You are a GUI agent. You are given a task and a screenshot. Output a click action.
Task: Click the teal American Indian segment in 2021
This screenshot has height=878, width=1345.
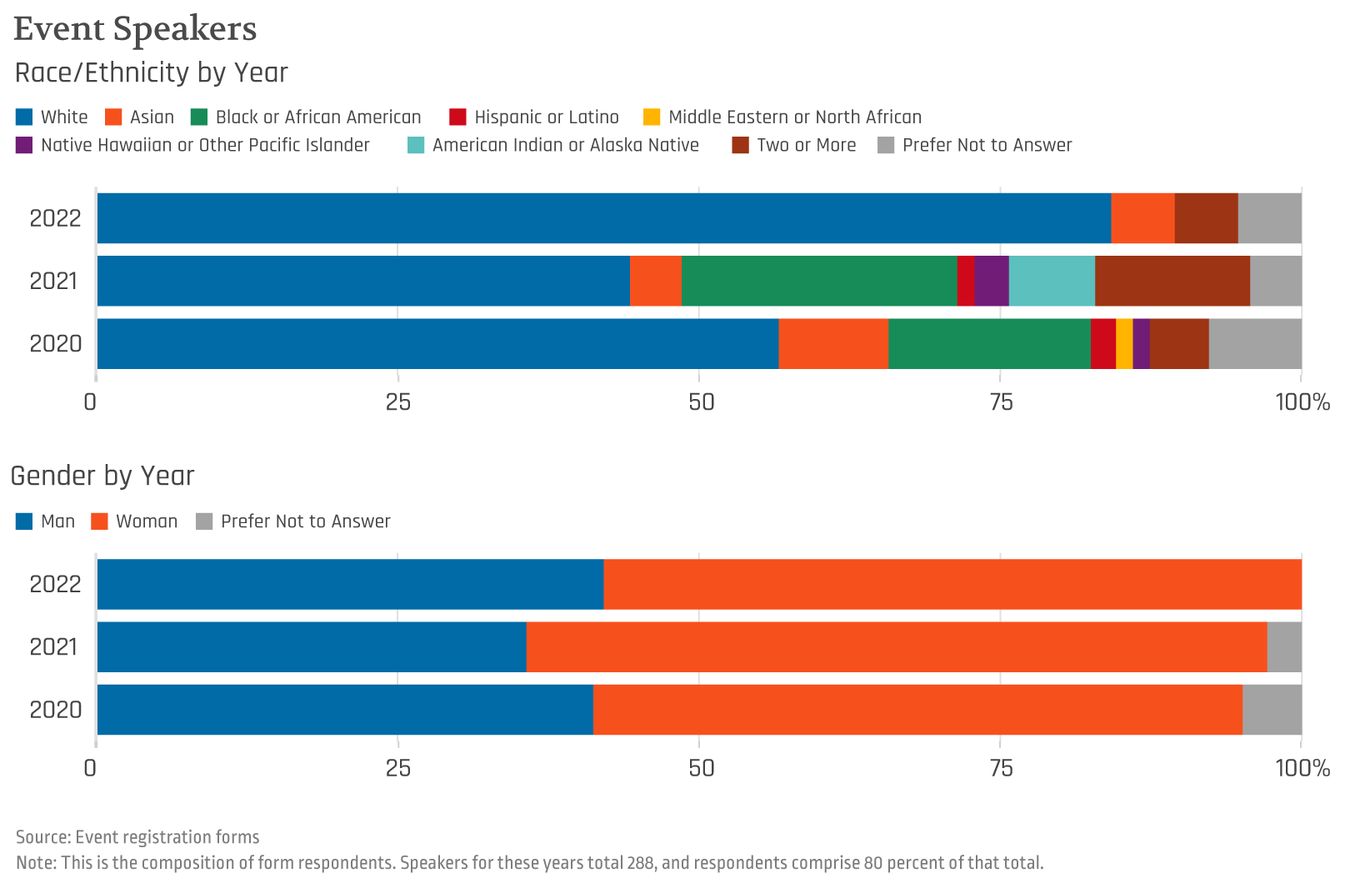coord(1052,281)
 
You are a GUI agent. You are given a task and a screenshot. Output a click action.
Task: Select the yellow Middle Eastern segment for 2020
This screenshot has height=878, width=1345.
coord(1124,343)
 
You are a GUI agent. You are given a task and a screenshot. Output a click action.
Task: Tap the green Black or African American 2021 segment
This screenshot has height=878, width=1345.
coord(819,281)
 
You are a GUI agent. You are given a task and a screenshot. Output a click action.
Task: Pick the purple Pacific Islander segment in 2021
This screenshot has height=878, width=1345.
coord(992,281)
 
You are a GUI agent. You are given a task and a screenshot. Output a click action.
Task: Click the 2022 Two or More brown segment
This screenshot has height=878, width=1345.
coord(1206,218)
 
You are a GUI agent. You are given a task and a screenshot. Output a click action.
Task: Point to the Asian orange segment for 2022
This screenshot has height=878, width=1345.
coord(1142,218)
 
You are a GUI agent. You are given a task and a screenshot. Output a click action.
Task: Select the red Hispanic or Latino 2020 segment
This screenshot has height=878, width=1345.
coord(1103,343)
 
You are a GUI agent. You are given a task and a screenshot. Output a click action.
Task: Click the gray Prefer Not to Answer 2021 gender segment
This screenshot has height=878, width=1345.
coord(1284,646)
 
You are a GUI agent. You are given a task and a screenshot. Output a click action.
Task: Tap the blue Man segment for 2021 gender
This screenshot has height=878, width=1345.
coord(312,646)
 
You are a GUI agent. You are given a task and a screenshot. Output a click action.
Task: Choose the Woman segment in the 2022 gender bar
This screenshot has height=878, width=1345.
coord(952,584)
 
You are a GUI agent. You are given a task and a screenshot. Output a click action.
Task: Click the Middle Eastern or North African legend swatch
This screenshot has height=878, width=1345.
coord(652,117)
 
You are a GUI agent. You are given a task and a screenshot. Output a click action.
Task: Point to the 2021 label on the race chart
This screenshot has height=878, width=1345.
coord(54,282)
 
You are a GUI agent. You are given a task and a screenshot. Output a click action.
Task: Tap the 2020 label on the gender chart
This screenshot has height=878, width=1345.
coord(56,710)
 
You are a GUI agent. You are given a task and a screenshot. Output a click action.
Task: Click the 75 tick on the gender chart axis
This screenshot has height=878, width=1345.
coord(1001,767)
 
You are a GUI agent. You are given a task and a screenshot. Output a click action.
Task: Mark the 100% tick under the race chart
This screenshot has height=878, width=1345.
coord(1302,402)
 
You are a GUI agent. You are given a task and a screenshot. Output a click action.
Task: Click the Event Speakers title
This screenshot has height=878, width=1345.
coord(135,28)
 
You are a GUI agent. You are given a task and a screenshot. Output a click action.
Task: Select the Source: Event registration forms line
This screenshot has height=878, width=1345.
coord(137,837)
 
